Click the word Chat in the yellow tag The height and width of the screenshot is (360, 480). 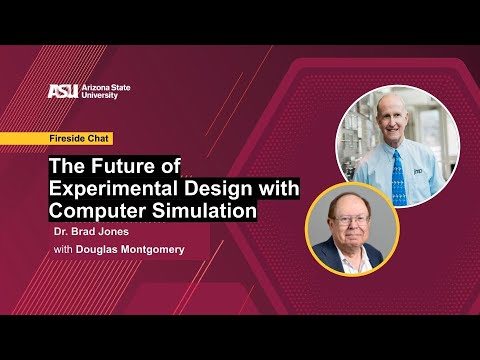(99, 138)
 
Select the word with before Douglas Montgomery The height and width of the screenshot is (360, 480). (63, 250)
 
